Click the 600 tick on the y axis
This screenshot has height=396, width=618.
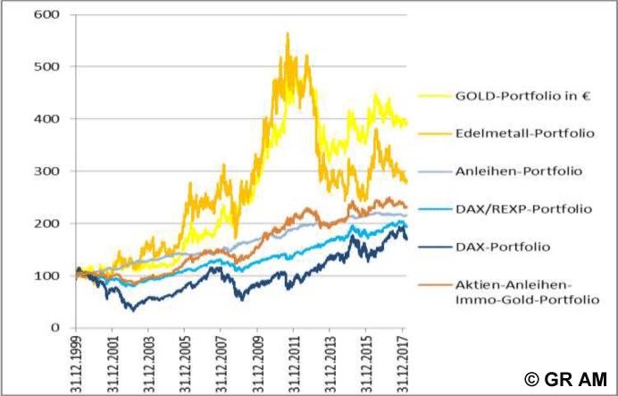click(x=45, y=15)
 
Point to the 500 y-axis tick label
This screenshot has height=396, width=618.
click(x=45, y=67)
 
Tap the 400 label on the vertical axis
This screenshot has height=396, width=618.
click(x=45, y=119)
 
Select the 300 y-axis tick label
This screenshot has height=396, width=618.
click(x=45, y=171)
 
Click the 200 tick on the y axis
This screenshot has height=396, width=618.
click(x=45, y=223)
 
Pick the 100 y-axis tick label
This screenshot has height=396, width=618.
click(x=45, y=275)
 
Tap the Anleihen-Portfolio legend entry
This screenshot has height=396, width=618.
click(x=499, y=171)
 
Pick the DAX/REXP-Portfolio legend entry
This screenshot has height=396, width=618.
click(x=505, y=207)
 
